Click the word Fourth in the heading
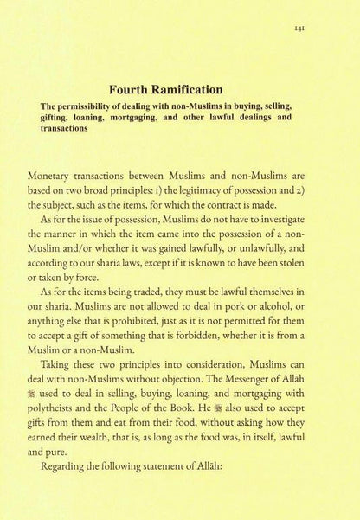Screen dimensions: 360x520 tap(132, 88)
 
